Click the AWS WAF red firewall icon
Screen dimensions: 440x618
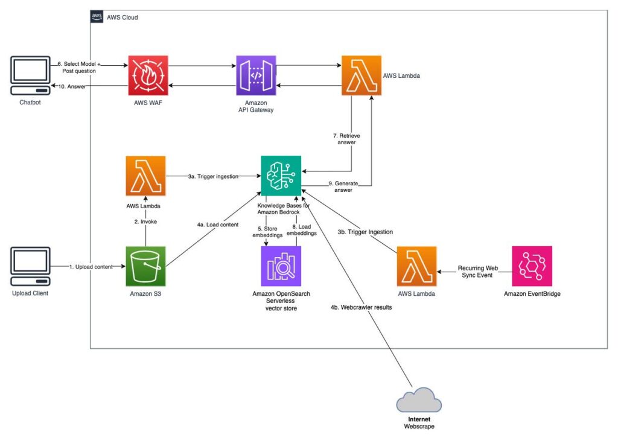click(147, 75)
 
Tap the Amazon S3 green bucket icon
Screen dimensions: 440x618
click(145, 266)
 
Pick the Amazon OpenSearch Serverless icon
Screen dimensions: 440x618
click(281, 266)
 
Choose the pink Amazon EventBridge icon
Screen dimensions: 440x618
click(532, 266)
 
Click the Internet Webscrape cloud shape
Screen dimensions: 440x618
click(419, 401)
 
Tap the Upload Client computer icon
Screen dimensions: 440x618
click(30, 267)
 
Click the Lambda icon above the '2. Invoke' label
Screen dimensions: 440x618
click(145, 176)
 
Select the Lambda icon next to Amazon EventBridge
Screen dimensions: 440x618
click(417, 266)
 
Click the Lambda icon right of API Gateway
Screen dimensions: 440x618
click(362, 75)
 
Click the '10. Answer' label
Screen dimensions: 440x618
click(72, 87)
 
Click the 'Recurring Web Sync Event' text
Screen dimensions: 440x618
click(477, 271)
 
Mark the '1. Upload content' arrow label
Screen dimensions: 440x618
click(90, 266)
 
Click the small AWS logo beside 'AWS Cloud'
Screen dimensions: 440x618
click(97, 17)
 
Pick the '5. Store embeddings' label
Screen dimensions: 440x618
click(267, 232)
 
